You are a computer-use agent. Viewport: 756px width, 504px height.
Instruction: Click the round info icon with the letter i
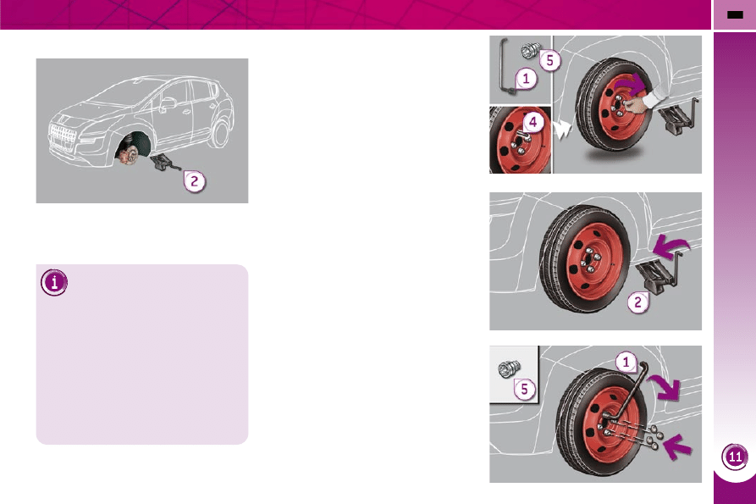point(54,282)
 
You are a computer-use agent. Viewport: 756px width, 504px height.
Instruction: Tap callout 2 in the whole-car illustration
point(195,181)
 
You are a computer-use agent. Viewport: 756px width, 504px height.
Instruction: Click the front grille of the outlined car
point(62,137)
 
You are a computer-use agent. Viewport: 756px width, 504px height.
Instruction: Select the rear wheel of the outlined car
point(220,133)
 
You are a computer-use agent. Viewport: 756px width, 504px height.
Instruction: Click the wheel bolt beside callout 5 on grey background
point(530,50)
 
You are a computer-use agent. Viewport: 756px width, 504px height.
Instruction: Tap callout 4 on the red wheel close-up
point(533,122)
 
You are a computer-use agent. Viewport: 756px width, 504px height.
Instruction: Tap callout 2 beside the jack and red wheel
point(637,302)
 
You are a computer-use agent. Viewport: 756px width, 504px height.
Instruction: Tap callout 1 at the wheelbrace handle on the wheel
point(626,362)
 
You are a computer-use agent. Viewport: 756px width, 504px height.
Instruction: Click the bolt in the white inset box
point(509,369)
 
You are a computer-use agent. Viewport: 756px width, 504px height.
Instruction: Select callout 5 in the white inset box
point(525,389)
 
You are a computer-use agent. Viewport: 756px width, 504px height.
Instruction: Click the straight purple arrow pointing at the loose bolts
point(677,447)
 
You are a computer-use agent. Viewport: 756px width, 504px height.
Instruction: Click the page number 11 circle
point(735,457)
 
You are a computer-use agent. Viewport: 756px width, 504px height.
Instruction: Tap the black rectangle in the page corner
point(735,15)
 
